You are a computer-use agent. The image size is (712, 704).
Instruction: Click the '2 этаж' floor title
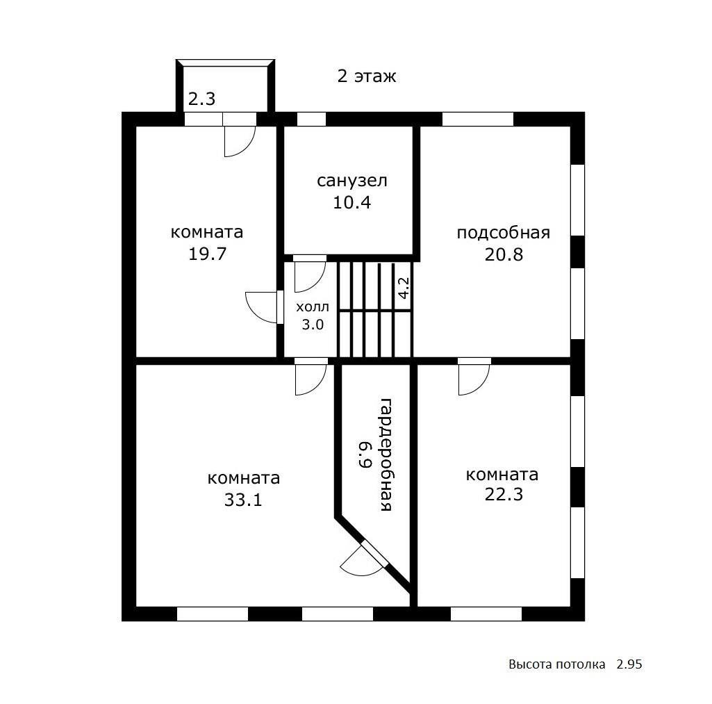pos(367,76)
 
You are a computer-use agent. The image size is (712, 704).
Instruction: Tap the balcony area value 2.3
pos(201,99)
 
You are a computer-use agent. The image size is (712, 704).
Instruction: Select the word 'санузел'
pos(352,181)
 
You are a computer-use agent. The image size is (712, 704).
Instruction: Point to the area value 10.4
pos(352,202)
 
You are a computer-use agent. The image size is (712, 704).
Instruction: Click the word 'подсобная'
pos(503,233)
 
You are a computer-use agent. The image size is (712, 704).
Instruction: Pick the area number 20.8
pos(504,254)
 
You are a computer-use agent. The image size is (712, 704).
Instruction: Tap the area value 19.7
pos(207,254)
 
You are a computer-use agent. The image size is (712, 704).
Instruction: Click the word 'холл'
pos(313,307)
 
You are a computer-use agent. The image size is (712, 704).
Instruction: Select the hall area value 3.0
pos(313,325)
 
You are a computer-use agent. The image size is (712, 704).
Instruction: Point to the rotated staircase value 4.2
pos(404,288)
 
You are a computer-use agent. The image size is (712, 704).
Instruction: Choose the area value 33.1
pos(243,500)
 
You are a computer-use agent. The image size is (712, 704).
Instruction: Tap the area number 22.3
pos(504,493)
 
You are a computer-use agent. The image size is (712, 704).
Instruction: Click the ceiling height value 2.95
pos(629,664)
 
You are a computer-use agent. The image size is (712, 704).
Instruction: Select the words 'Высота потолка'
pos(556,664)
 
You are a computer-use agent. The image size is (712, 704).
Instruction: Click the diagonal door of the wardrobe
pos(374,554)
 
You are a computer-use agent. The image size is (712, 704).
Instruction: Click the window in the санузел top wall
pos(311,119)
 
